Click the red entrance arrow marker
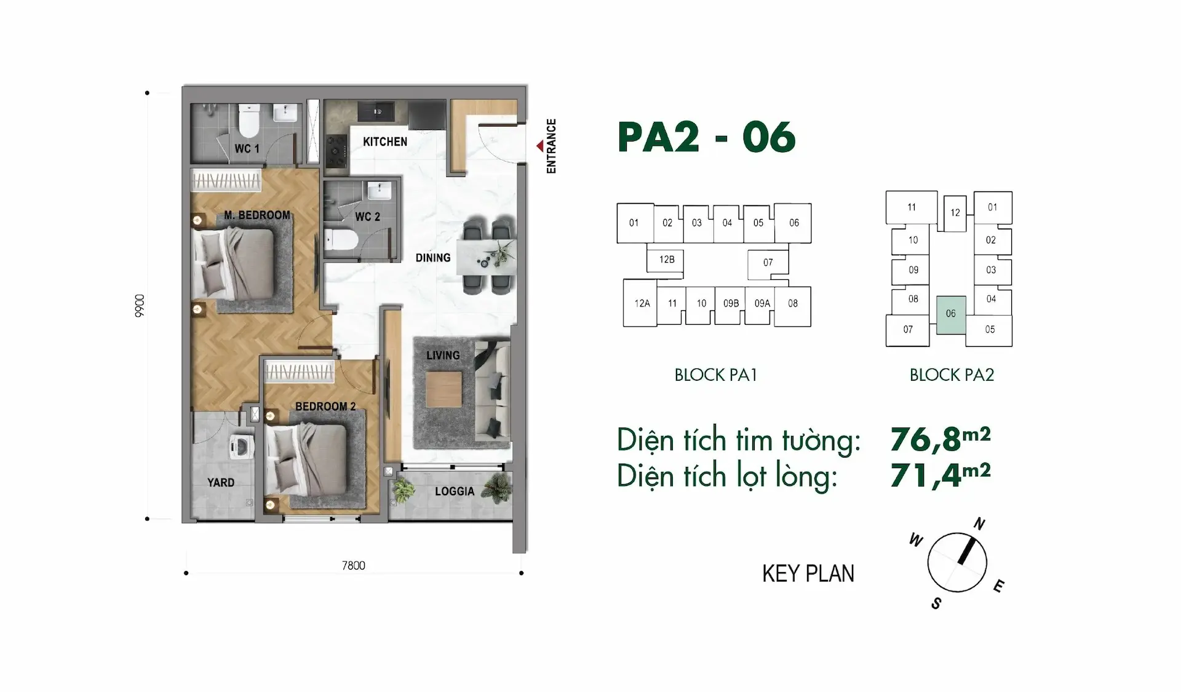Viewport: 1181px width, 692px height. pyautogui.click(x=539, y=146)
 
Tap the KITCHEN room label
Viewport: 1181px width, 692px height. pyautogui.click(x=385, y=141)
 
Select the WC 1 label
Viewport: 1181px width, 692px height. pyautogui.click(x=247, y=149)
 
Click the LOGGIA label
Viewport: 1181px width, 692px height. pyautogui.click(x=455, y=491)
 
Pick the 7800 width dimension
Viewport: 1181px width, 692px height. pyautogui.click(x=354, y=565)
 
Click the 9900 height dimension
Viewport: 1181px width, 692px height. pyautogui.click(x=140, y=306)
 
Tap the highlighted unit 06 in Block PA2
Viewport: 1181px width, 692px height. pyautogui.click(x=951, y=314)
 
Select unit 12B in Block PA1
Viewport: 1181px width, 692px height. pyautogui.click(x=667, y=260)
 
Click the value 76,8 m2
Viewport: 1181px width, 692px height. pyautogui.click(x=940, y=439)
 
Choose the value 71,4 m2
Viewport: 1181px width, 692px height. pyautogui.click(x=940, y=475)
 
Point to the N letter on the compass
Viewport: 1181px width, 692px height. pyautogui.click(x=979, y=524)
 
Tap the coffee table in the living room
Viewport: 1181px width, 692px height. pyautogui.click(x=443, y=389)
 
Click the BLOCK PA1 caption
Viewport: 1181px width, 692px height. pyautogui.click(x=715, y=375)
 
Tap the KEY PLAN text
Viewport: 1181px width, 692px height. pyautogui.click(x=808, y=573)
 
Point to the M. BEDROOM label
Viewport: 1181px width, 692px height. pyautogui.click(x=257, y=215)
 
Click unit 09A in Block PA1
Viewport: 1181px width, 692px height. pyautogui.click(x=762, y=303)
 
